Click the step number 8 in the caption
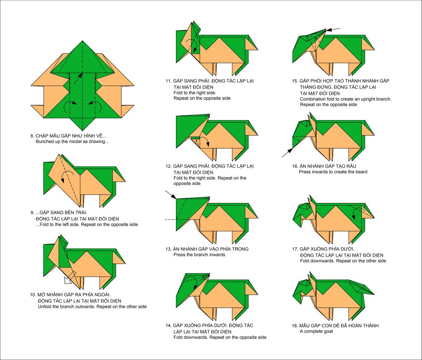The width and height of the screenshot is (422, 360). coord(32,136)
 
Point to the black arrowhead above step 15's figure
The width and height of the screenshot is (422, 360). coord(329,30)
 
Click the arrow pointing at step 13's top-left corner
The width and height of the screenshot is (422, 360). coord(171,194)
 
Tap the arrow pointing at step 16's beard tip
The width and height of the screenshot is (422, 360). coord(287,152)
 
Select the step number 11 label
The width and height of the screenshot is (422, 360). coord(169,81)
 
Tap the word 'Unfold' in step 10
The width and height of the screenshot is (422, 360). coord(45,306)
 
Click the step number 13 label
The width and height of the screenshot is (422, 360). coord(169,249)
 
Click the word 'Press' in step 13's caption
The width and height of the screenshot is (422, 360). coord(179,255)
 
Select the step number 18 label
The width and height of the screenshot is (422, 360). coord(295,325)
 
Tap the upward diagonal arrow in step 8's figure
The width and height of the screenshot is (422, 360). coord(78,78)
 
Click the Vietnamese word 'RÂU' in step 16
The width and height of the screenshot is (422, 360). coord(351,166)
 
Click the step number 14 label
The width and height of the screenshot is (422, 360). coord(169,325)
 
